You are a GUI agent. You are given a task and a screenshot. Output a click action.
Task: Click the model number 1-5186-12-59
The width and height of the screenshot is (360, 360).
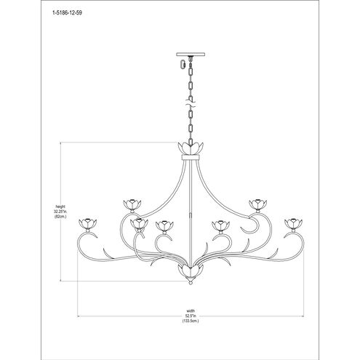67,13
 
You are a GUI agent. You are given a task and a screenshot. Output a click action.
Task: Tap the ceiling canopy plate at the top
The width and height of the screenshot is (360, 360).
191,54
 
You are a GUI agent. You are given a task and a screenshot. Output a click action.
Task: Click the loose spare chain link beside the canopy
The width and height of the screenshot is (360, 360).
183,64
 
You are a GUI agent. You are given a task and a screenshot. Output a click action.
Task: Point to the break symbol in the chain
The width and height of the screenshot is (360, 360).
191,103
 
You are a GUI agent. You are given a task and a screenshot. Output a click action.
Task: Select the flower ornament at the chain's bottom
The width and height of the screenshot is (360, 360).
191,148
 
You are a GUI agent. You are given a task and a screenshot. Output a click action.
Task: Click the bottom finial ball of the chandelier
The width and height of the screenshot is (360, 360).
191,282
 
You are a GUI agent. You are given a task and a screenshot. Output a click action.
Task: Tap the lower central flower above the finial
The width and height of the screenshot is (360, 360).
191,271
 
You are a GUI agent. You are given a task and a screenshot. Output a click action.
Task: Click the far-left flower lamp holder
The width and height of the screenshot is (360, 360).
88,223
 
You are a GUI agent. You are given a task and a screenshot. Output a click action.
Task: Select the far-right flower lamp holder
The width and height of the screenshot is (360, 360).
293,223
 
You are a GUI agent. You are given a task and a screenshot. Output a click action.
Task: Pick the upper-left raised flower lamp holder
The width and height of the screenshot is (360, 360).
132,204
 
